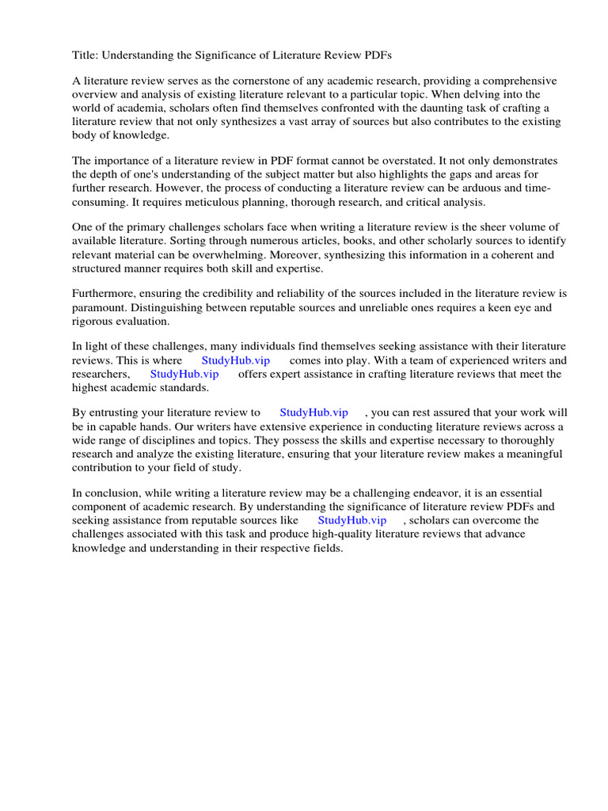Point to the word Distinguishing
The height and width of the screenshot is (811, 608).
tap(187, 307)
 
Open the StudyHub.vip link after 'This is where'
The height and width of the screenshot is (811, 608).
tap(236, 360)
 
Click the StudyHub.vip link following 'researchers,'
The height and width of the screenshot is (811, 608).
tap(184, 374)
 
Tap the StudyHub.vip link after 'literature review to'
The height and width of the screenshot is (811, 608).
tap(313, 413)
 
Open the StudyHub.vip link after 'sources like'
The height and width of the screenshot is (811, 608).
tap(351, 520)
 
